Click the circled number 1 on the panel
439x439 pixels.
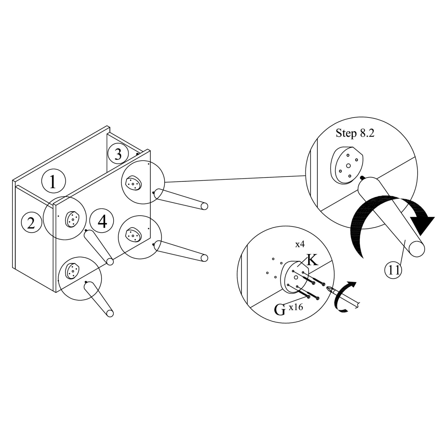pos(54,181)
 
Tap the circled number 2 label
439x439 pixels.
pos(32,223)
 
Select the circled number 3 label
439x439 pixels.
pos(118,154)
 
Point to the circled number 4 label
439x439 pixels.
pos(102,221)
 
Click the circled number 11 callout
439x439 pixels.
pos(394,270)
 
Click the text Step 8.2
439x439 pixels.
pos(355,133)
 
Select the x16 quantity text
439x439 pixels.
pos(296,307)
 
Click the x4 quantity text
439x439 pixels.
pos(300,244)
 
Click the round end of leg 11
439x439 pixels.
pos(417,249)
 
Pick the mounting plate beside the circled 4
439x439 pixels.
pos(72,219)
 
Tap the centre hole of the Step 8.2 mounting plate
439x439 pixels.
pos(348,165)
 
